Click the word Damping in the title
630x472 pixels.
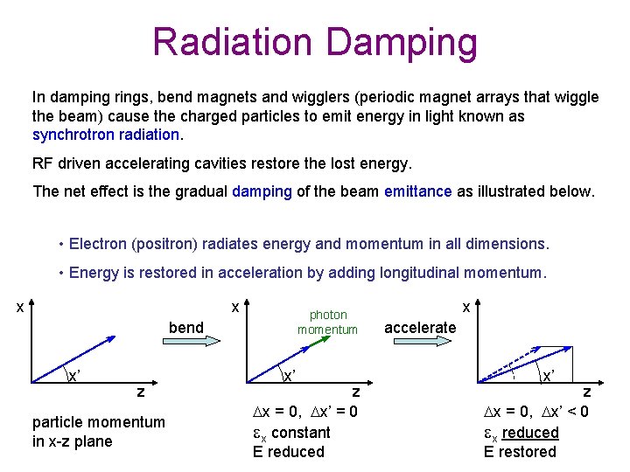[406, 42]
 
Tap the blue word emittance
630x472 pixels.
[416, 191]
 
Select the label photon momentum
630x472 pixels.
[327, 322]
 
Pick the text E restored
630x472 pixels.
[520, 452]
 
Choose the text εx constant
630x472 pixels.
[290, 433]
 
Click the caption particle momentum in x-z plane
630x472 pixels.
[98, 432]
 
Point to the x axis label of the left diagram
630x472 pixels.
[19, 308]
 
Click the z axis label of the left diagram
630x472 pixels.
[141, 392]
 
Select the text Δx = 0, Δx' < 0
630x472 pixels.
[536, 413]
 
